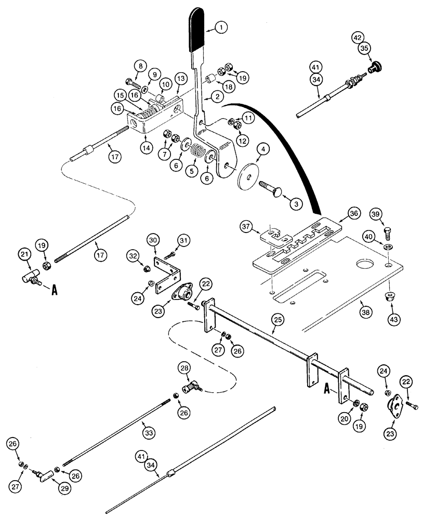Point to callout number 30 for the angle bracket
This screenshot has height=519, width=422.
[153, 240]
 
